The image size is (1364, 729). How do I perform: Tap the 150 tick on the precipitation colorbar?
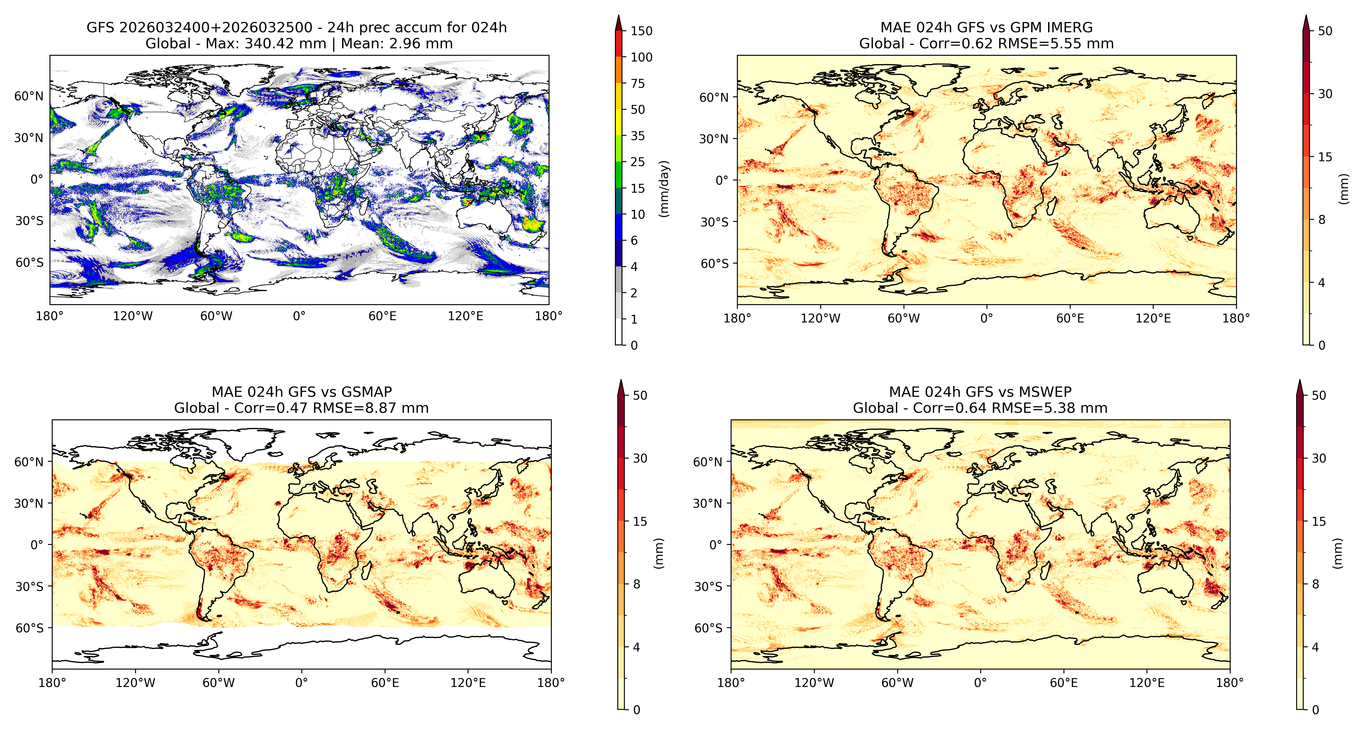click(x=641, y=31)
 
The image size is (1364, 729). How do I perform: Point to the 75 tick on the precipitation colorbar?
click(x=638, y=83)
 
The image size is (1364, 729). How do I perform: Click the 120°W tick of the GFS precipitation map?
click(x=133, y=316)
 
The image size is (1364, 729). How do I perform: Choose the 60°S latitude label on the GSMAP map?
click(x=30, y=628)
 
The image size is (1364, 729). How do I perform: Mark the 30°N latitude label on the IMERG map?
click(x=714, y=139)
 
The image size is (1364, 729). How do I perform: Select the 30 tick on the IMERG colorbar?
click(x=1325, y=94)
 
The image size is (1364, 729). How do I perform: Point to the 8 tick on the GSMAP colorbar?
click(x=636, y=584)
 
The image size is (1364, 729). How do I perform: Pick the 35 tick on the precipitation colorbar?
click(x=638, y=136)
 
